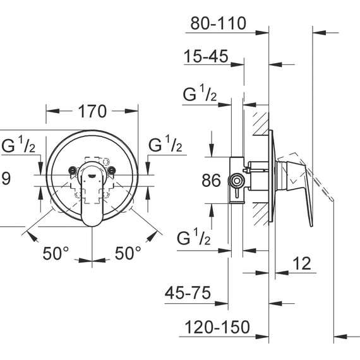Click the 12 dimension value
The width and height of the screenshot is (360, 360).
coord(303,264)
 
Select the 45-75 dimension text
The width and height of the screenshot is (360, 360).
coord(187,294)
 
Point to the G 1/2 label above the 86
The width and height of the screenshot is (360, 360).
coord(200,95)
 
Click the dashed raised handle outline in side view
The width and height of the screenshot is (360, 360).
coord(316,180)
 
